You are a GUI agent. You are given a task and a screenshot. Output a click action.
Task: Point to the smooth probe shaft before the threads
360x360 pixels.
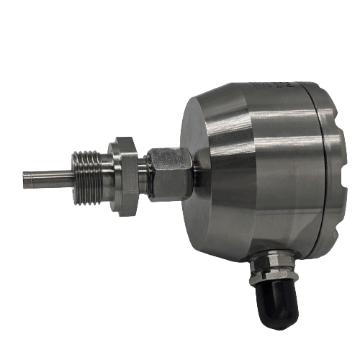coord(50,178)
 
